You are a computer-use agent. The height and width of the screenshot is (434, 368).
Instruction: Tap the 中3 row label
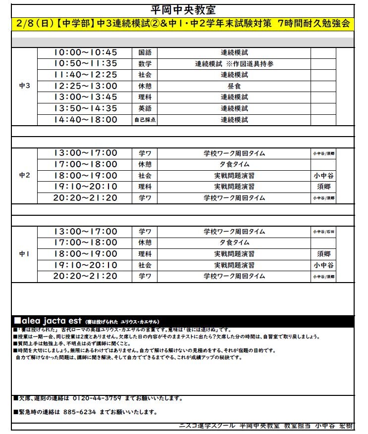(x=24, y=86)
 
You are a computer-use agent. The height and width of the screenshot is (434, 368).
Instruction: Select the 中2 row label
(x=24, y=175)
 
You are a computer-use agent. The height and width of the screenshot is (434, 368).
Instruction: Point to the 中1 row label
(x=24, y=253)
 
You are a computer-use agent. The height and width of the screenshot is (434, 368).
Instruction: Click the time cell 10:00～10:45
(x=85, y=52)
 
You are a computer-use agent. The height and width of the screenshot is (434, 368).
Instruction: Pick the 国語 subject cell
(x=145, y=52)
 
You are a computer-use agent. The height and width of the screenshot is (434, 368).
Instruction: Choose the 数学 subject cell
(x=145, y=64)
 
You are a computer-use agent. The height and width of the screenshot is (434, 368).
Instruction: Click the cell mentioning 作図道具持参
(x=234, y=64)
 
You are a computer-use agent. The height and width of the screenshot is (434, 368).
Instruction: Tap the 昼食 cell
(x=234, y=86)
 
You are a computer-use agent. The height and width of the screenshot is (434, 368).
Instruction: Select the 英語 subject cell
(x=145, y=108)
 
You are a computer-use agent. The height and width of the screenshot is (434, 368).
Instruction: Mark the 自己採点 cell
(x=145, y=120)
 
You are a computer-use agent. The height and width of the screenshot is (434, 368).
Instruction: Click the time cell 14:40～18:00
(x=85, y=120)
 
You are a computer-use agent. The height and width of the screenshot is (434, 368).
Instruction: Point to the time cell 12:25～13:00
(x=85, y=86)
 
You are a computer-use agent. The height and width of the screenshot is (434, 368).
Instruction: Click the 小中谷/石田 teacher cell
(x=323, y=232)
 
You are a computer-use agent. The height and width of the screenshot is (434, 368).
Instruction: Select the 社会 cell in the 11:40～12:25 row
(x=145, y=75)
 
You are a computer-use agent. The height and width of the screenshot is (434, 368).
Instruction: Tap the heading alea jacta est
(x=49, y=321)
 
